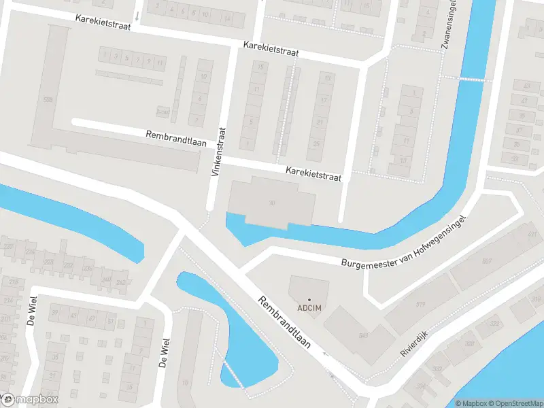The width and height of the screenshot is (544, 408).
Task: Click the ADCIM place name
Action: point(309,308)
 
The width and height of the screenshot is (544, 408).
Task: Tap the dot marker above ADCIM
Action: point(309,299)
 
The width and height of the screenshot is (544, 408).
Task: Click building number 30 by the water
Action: point(272,203)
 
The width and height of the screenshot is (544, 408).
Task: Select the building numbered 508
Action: point(47,101)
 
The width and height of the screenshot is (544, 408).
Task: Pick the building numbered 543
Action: point(363,335)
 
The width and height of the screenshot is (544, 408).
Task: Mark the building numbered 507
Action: point(487,262)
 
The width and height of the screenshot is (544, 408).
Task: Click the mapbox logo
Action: point(29,400)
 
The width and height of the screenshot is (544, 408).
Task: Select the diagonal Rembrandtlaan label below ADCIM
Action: point(284,323)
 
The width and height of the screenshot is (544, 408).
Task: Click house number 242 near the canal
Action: point(121,282)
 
